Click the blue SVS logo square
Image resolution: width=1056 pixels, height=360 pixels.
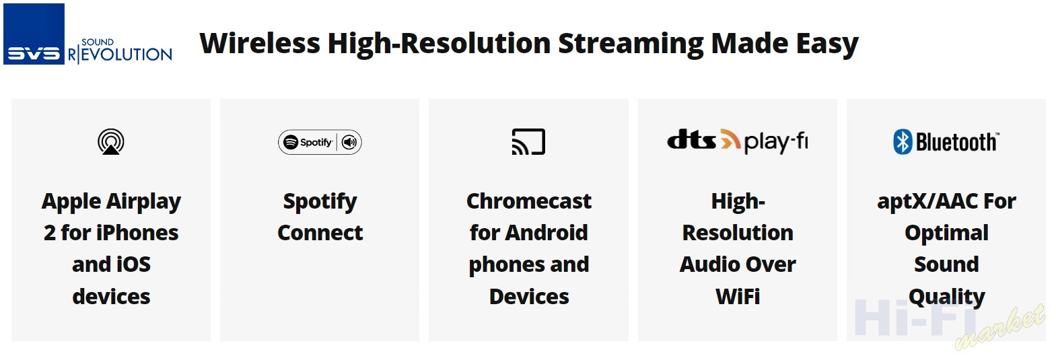coord(34,34)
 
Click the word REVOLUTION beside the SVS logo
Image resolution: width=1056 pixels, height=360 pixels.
coord(120,55)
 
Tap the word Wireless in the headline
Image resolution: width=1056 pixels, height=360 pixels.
coord(260,43)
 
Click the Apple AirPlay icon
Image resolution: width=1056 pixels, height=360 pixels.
coord(111,142)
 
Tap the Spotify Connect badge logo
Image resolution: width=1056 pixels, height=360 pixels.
coord(320,142)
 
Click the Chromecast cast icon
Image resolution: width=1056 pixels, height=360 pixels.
coord(528,142)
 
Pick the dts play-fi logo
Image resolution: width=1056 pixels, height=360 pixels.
coord(737,141)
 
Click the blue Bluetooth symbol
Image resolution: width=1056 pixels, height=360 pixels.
coord(903,142)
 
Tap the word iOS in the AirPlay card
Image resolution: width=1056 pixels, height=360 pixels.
coord(134,264)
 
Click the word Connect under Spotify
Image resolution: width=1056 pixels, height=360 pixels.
coord(320,233)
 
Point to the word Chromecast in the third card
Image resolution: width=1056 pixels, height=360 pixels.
coord(528,201)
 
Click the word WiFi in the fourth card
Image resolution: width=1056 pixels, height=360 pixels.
coord(737,296)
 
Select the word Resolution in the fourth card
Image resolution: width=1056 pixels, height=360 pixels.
coord(737,233)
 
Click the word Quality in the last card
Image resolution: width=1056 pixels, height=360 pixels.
coord(946,297)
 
